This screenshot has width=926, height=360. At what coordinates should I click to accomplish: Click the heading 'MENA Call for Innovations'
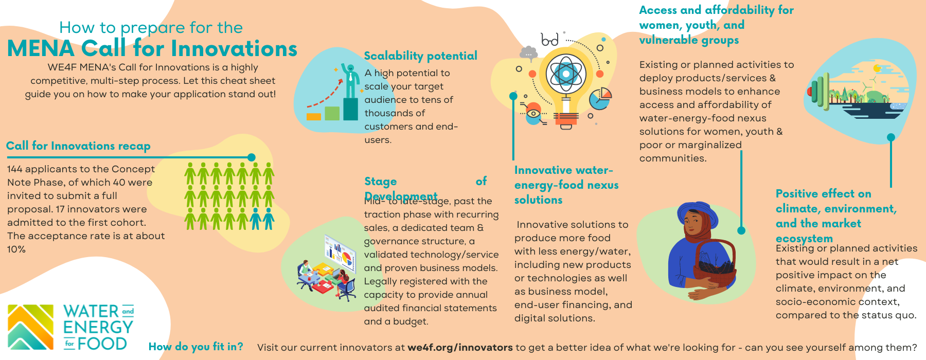[152, 49]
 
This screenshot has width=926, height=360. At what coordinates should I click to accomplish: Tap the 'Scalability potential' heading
[420, 56]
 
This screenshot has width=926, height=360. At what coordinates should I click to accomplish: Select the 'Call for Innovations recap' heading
[78, 146]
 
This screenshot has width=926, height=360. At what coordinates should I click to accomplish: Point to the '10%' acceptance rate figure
[16, 249]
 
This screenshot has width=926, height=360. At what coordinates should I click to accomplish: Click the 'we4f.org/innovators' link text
[460, 348]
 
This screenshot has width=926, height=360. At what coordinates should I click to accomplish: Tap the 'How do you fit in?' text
[195, 347]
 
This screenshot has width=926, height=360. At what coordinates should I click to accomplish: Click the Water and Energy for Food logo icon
[30, 328]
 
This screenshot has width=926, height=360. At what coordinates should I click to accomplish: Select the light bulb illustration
[566, 87]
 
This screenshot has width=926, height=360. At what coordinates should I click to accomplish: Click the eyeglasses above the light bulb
[550, 40]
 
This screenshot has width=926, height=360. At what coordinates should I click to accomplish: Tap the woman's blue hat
[698, 212]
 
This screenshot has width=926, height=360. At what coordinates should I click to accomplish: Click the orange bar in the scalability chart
[313, 116]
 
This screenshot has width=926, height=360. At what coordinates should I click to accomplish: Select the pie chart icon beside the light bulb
[600, 98]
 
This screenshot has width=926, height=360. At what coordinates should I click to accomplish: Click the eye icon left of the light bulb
[533, 114]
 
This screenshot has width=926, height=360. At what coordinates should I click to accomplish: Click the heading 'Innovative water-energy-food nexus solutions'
[566, 185]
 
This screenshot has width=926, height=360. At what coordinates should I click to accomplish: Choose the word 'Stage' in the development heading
[381, 181]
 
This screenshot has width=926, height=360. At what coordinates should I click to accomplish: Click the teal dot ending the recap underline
[252, 157]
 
